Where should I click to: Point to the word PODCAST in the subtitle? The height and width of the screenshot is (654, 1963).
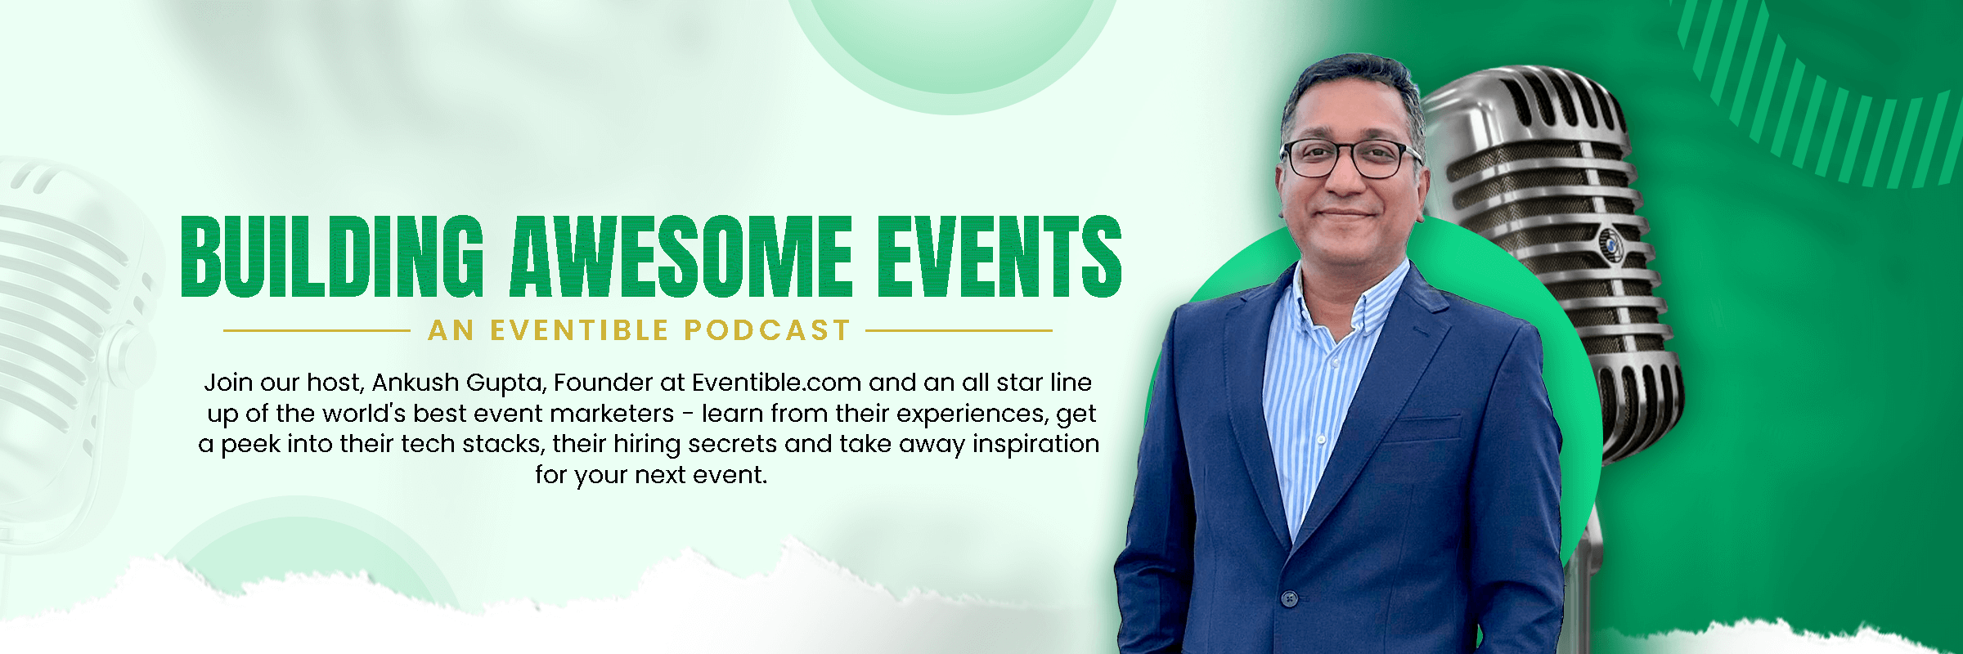point(767,330)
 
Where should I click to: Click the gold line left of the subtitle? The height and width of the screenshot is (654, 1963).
point(317,331)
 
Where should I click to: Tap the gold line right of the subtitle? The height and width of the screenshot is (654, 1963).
point(959,331)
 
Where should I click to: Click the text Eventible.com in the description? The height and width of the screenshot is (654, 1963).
point(776,383)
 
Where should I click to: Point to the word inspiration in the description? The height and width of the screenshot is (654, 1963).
point(1035,444)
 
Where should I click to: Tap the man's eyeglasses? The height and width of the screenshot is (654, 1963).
point(1350,158)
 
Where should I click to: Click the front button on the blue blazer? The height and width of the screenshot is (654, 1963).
point(1289,599)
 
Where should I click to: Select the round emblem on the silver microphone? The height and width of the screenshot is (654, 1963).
point(1609,241)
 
